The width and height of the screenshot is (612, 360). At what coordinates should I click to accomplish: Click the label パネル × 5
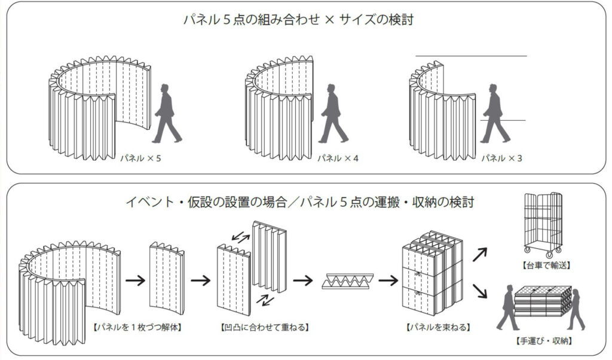tap(141, 160)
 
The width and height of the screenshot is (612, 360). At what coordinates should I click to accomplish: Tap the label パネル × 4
tap(337, 160)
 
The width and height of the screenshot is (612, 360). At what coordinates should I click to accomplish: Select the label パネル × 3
tap(501, 160)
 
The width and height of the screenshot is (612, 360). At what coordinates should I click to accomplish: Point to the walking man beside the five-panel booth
tap(167, 114)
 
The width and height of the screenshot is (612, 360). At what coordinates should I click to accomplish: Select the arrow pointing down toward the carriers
tap(479, 294)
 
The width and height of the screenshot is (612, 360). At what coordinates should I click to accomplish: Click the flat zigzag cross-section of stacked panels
tap(349, 280)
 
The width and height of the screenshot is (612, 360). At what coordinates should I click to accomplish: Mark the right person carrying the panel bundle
tap(577, 307)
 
